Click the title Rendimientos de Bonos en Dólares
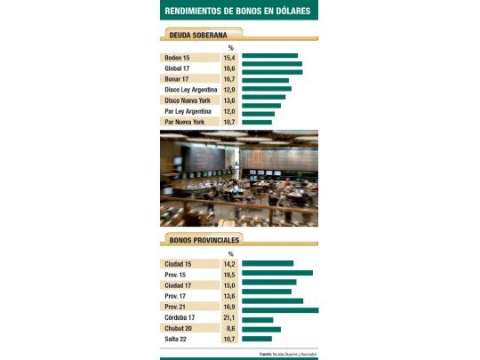tap(239, 11)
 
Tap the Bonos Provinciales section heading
tap(204, 240)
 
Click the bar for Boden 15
tap(269, 56)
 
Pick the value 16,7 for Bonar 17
tap(229, 78)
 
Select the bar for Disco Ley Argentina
tap(266, 89)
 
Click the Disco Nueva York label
tap(188, 100)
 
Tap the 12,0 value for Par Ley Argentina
tap(229, 111)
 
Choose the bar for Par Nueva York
tap(257, 122)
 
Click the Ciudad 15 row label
tap(180, 264)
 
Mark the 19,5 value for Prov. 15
tap(229, 275)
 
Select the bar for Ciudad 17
tap(268, 285)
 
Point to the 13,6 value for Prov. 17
tap(229, 296)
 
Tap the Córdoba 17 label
tap(180, 317)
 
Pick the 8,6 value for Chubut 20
tap(229, 328)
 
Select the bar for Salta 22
tap(256, 339)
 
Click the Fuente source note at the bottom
tap(288, 354)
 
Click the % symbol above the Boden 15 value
tap(230, 47)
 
